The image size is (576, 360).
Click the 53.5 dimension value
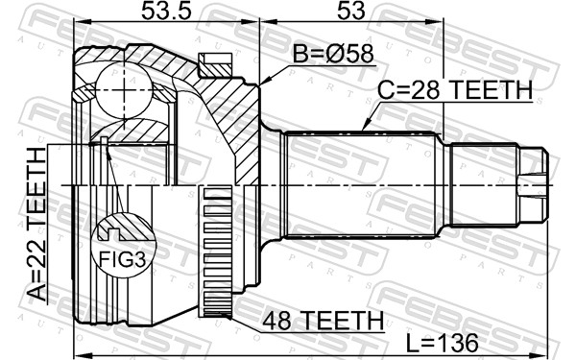[166, 11]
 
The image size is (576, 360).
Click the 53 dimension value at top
[351, 11]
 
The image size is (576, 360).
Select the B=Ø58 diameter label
[333, 54]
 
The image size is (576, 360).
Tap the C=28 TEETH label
[455, 89]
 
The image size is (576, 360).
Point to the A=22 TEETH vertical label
[37, 225]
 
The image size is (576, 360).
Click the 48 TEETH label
[323, 321]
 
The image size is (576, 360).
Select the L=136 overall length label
[443, 343]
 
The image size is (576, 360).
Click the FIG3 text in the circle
[123, 260]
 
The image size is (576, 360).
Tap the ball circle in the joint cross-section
[124, 90]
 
